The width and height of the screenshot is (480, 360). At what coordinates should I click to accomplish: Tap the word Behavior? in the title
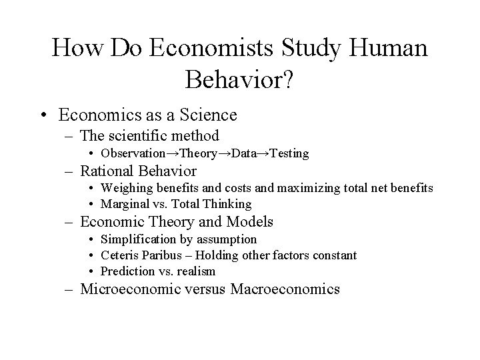tap(240, 80)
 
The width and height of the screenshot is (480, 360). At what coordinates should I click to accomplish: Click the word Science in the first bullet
tap(207, 115)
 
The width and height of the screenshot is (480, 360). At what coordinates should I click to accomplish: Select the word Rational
tap(111, 171)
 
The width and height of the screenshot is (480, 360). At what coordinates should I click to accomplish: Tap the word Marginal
tap(124, 204)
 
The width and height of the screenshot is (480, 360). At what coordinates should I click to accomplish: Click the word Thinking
tap(228, 204)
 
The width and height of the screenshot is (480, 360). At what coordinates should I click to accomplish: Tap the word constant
tap(334, 255)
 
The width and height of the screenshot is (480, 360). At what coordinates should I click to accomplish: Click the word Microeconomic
tap(133, 289)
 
